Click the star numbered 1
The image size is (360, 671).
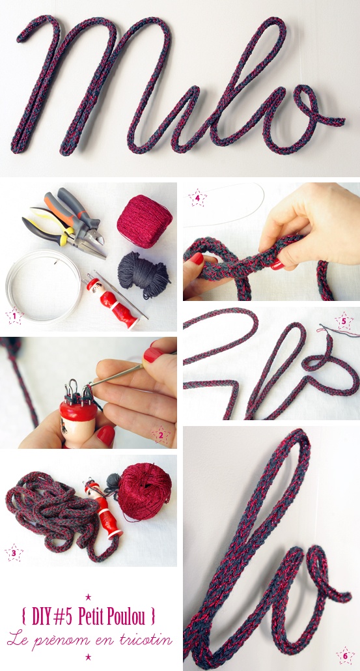tap(14, 317)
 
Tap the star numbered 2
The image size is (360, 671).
tap(161, 435)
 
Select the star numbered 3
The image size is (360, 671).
tap(14, 552)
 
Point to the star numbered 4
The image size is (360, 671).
tap(197, 198)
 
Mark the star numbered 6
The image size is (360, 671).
tap(345, 655)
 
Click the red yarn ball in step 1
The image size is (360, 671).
tap(145, 221)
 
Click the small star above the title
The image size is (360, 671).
tap(89, 597)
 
